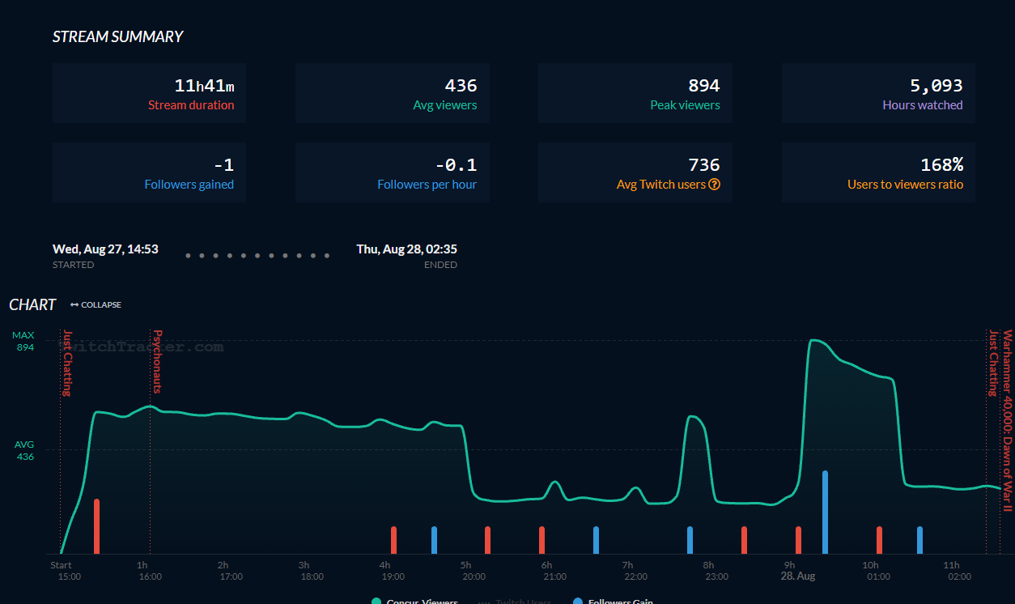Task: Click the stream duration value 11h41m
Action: coord(204,86)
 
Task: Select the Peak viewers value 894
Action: coord(703,86)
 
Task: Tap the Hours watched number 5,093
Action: coord(936,86)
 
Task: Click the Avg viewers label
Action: coord(444,105)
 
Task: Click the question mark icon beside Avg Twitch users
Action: coord(715,185)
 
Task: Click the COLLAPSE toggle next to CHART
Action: coord(96,305)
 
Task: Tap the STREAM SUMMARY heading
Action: coord(118,36)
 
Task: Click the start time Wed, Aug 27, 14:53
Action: coord(105,249)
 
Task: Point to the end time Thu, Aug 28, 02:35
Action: coord(406,249)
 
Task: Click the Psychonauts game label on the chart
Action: coord(158,361)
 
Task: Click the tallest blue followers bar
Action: coord(825,512)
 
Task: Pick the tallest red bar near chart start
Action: coord(96,526)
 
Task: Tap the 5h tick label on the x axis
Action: coord(465,565)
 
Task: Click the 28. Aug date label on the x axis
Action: coord(797,576)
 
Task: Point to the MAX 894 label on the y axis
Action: coord(24,341)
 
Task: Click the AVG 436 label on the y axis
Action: coord(25,450)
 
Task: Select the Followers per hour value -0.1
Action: coord(456,165)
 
